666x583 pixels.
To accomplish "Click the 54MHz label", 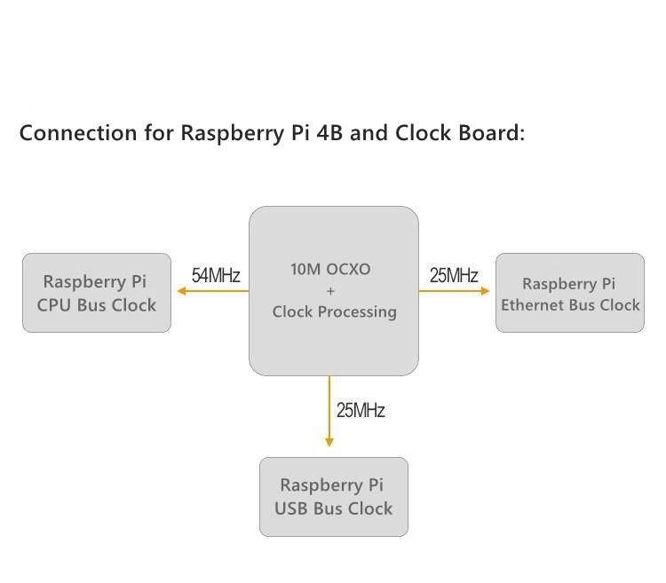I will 216,275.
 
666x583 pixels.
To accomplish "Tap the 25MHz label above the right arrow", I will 454,275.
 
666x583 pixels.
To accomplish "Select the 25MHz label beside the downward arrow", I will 361,410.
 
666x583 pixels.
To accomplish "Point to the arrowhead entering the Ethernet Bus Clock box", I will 485,291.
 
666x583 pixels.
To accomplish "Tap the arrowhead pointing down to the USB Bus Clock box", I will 329,441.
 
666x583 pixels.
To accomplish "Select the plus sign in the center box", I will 330,291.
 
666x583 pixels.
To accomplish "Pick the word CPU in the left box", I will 52,305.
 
